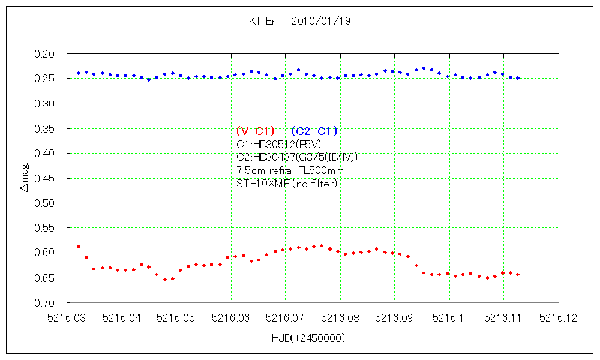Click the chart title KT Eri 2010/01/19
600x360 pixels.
(299, 21)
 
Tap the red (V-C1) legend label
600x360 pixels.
(256, 131)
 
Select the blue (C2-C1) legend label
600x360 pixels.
(314, 131)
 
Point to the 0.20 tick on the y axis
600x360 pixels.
(46, 54)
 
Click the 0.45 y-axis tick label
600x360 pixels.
(46, 178)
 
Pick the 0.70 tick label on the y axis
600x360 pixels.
(46, 302)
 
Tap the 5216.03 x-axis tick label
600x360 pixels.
(67, 319)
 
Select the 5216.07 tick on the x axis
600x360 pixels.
(285, 319)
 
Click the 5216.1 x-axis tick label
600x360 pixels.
(449, 319)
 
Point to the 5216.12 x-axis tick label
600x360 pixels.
(558, 319)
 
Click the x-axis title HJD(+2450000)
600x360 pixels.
(308, 338)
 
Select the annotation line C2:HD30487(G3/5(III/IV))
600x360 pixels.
(298, 157)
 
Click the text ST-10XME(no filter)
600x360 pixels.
(287, 184)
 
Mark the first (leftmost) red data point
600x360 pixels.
(79, 247)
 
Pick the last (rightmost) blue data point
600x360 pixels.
(518, 78)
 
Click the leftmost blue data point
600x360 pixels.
(79, 73)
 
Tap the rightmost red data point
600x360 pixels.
(518, 274)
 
